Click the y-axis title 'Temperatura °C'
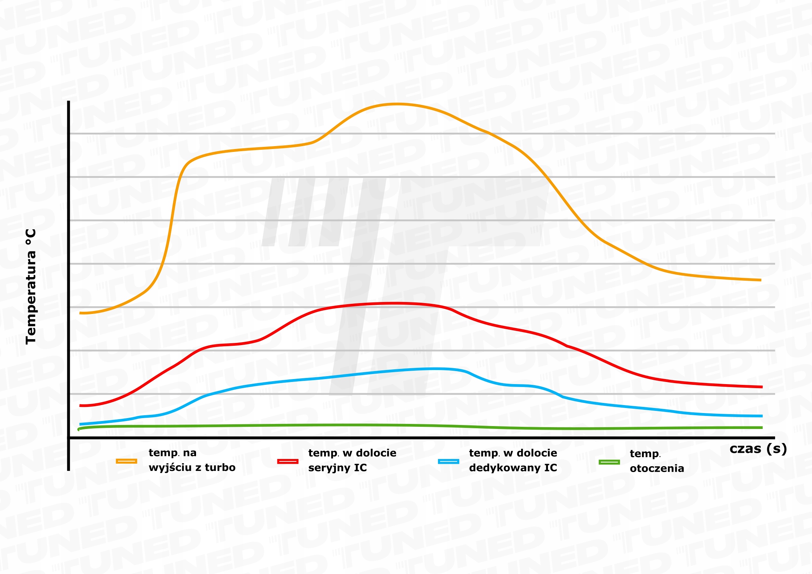[31, 286]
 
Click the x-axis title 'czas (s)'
[758, 449]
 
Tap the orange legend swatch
[126, 461]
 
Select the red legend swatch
[288, 462]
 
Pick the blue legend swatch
[448, 462]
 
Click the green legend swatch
[609, 462]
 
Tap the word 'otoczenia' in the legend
[657, 469]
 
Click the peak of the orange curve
[396, 104]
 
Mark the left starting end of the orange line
[80, 313]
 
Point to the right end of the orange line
[761, 280]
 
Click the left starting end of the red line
[80, 405]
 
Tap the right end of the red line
[762, 387]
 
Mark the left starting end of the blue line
[80, 424]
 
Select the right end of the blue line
[762, 416]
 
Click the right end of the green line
[762, 428]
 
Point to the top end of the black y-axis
[68, 102]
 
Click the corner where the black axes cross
[68, 438]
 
